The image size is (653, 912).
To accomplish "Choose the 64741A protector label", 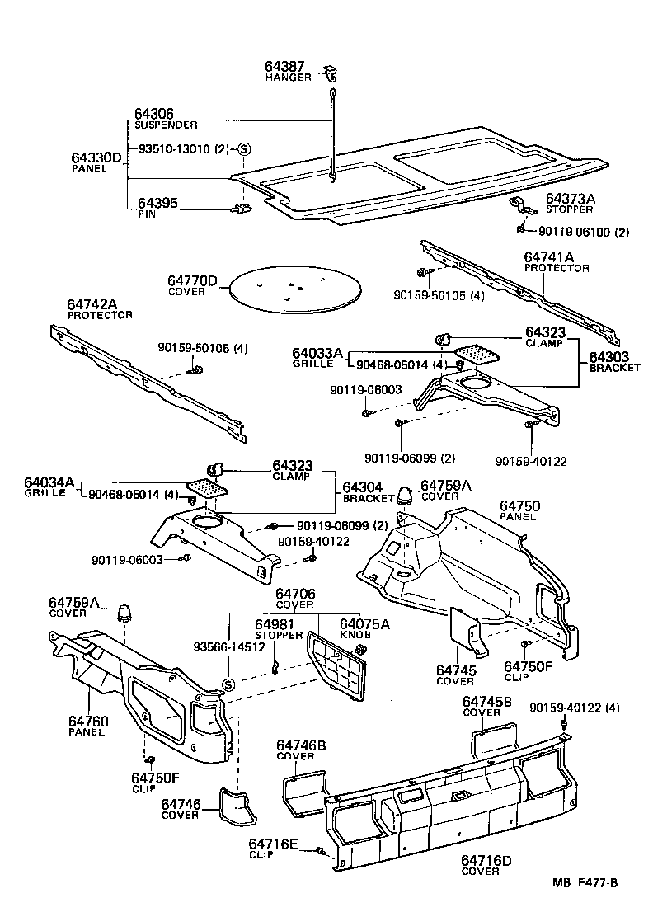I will (x=557, y=257).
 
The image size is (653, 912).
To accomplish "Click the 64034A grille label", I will (x=49, y=482).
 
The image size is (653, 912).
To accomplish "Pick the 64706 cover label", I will (x=294, y=594).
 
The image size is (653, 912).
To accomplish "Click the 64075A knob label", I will (x=365, y=624).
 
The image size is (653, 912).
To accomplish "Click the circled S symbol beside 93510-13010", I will (x=242, y=149).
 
